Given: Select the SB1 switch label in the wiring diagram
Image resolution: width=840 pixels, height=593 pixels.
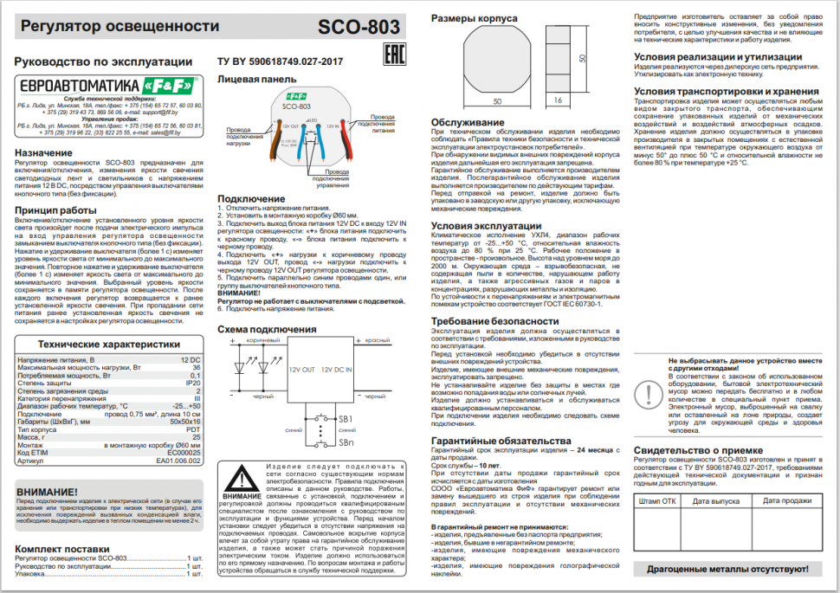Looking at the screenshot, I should tap(346, 419).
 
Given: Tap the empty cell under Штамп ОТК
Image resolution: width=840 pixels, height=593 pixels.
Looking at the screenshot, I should tap(657, 528).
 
